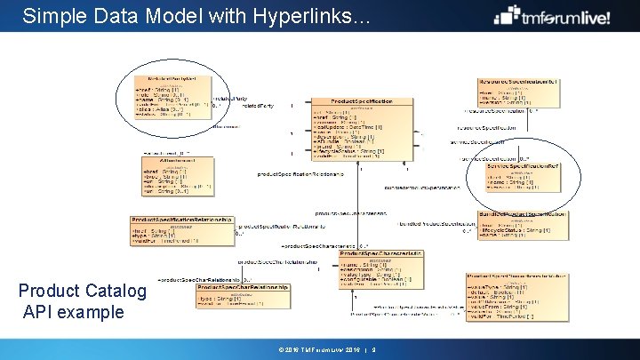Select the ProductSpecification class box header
click(x=361, y=101)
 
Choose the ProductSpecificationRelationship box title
click(x=181, y=219)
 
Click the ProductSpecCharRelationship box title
click(x=243, y=287)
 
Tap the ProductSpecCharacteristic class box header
click(x=380, y=253)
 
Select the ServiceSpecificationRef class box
click(x=522, y=175)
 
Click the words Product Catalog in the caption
click(x=83, y=291)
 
